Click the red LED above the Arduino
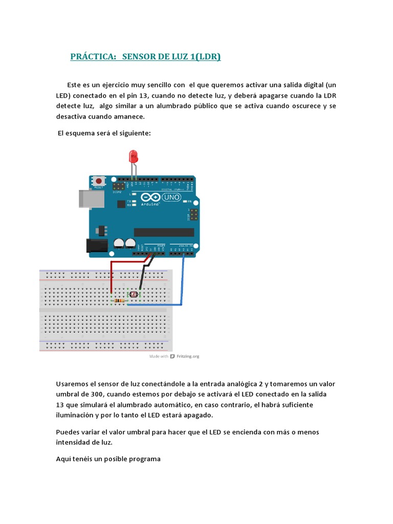click(x=134, y=155)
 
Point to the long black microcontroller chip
click(x=164, y=232)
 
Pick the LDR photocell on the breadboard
click(x=134, y=295)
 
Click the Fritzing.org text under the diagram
click(x=188, y=356)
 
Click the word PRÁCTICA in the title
click(x=93, y=57)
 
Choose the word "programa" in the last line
click(x=145, y=458)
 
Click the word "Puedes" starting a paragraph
click(x=67, y=432)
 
